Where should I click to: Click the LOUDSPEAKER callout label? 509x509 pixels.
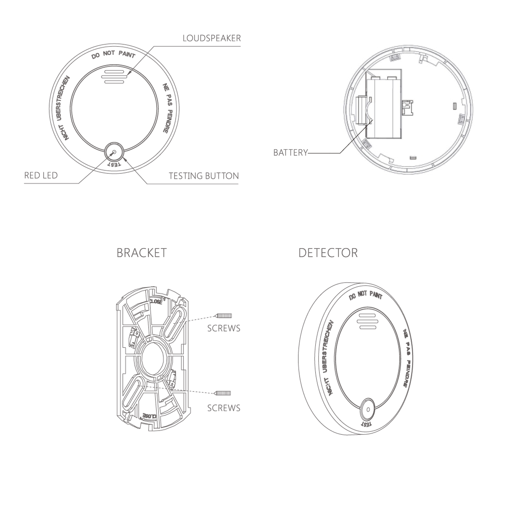[x=212, y=38]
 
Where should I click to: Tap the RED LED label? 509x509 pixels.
[x=41, y=175]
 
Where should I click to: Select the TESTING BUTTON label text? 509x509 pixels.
[x=204, y=176]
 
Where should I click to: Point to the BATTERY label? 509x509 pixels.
[x=290, y=153]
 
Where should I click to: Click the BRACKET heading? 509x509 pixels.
[x=142, y=253]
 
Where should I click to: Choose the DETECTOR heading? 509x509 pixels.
[x=328, y=253]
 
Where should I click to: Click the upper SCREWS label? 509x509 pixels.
[x=224, y=328]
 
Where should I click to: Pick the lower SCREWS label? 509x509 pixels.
[x=224, y=408]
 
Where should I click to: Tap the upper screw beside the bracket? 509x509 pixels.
[x=223, y=316]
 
